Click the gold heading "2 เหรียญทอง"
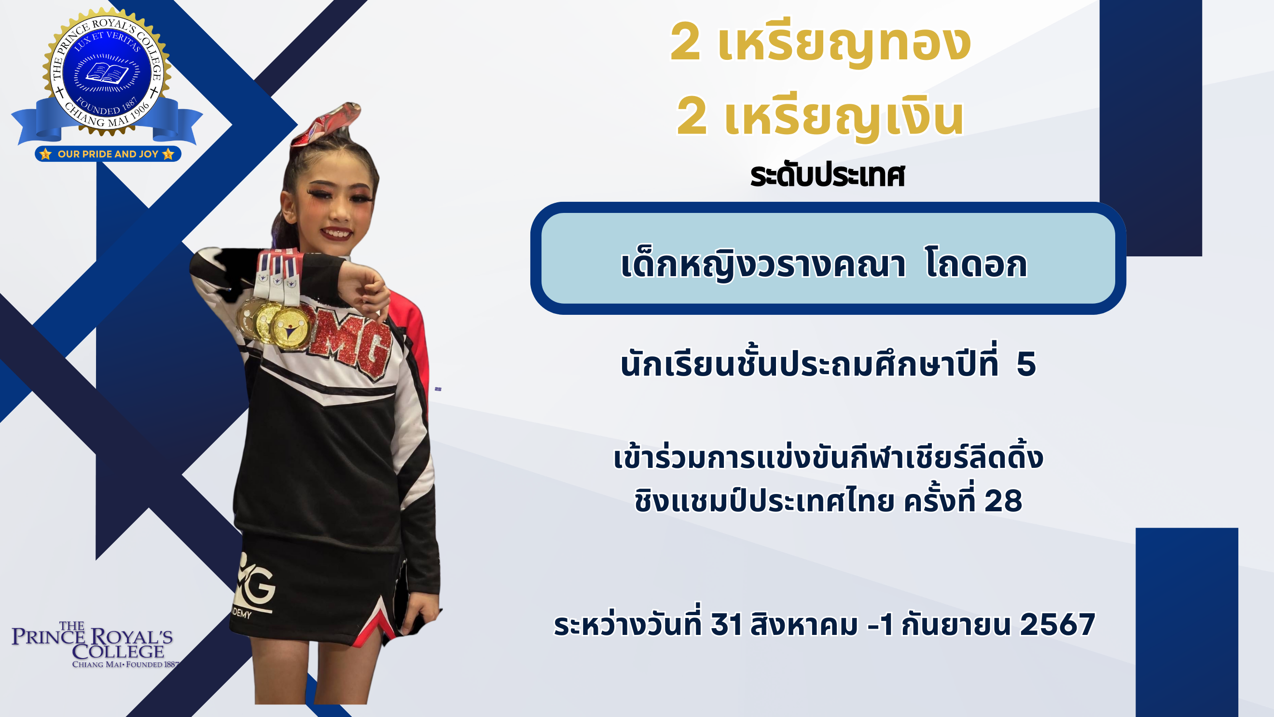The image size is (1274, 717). point(820,43)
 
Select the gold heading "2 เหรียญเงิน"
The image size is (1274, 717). point(820,118)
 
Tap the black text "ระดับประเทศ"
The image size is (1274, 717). point(827,175)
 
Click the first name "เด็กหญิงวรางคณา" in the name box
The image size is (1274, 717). point(763,265)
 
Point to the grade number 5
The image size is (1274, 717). point(1026,364)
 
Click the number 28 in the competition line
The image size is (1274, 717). point(1003,500)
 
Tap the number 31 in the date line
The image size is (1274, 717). point(726,624)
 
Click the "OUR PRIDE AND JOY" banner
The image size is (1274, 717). point(108,154)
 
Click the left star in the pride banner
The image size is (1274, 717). point(45,154)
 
